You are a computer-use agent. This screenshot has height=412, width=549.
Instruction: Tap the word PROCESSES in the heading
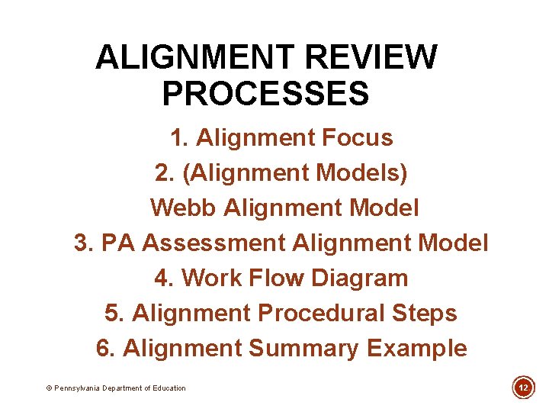coord(265,95)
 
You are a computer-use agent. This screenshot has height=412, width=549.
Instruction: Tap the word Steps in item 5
coord(424,314)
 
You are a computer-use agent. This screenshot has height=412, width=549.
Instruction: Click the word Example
coord(416,349)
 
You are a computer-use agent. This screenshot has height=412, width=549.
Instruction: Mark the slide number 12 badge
coord(523,388)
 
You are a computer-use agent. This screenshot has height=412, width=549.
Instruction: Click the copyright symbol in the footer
coord(50,388)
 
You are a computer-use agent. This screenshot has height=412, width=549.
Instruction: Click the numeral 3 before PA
coord(82,243)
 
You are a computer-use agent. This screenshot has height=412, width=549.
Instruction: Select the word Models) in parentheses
coord(362,173)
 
